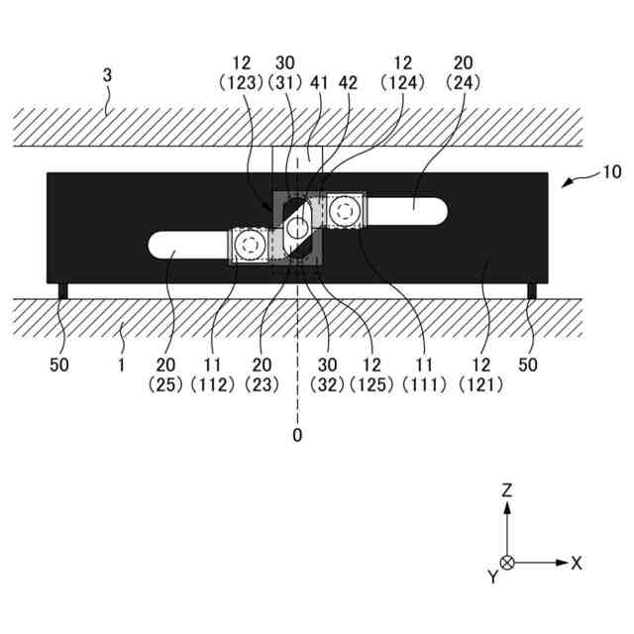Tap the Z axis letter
point(507,490)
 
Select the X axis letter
point(577,563)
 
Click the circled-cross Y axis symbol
point(507,563)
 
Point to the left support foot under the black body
point(62,290)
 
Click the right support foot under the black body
point(531,290)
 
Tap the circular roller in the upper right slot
point(346,210)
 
